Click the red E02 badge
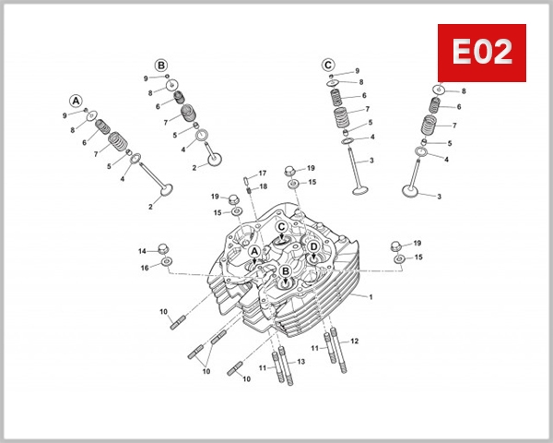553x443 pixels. coord(481,54)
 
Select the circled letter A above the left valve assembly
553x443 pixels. coord(76,101)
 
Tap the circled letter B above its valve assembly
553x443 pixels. coord(161,66)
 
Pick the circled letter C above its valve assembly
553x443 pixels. coord(327,65)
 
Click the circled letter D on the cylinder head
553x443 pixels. coord(313,247)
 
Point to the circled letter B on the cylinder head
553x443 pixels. coord(286,270)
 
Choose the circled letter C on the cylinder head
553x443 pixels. coord(281,226)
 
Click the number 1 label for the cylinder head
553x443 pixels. coord(371,297)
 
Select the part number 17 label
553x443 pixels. coord(263,174)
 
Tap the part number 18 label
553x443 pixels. coord(263,186)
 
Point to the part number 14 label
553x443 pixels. coord(143,251)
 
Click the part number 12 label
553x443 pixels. coord(354,341)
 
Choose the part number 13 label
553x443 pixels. coord(300,361)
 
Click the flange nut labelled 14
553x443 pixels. coord(164,247)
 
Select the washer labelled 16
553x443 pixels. coord(166,263)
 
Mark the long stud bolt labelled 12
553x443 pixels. coord(343,355)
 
